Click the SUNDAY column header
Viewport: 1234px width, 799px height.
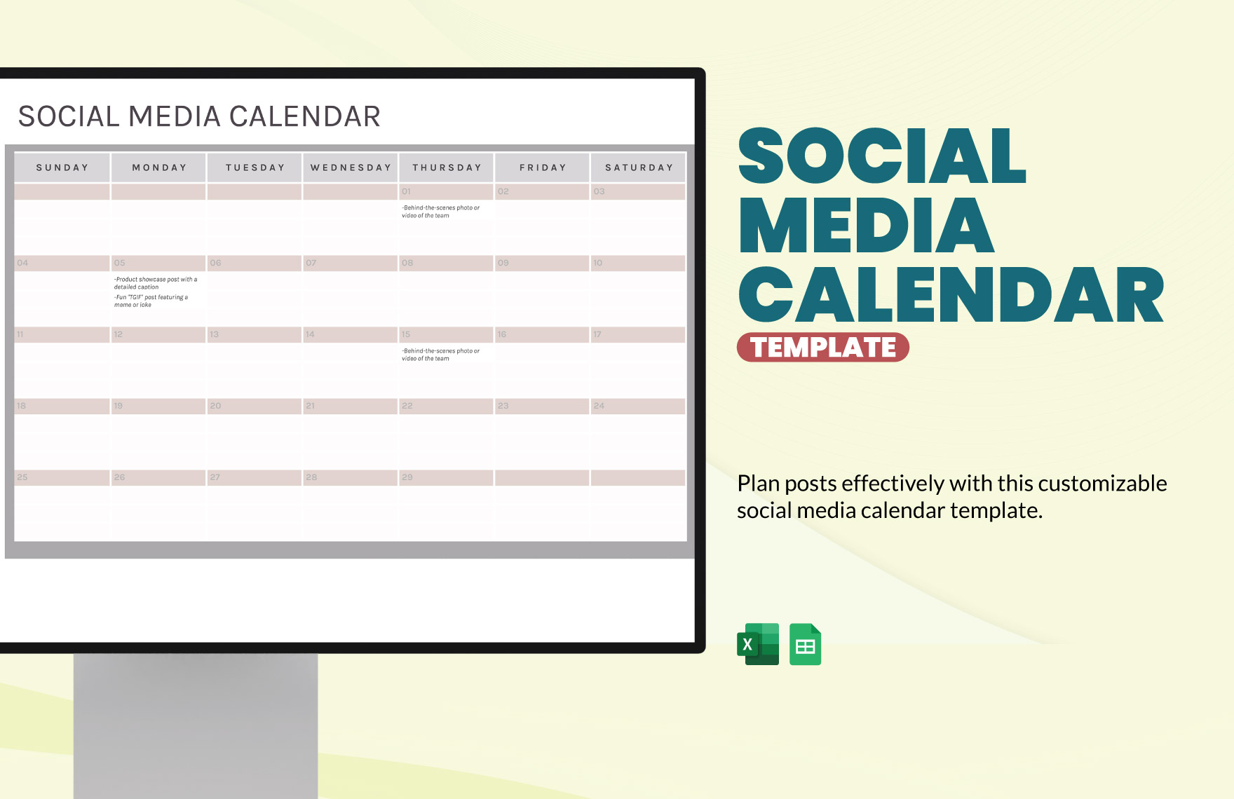coord(62,168)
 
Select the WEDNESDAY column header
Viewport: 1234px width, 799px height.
coord(351,168)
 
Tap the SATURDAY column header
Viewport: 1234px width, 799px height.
coord(639,168)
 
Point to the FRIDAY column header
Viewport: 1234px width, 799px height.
coord(543,168)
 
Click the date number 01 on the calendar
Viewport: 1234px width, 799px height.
coord(406,191)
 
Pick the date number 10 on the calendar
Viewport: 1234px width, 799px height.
coord(597,263)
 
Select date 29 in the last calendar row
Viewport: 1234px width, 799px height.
coord(407,477)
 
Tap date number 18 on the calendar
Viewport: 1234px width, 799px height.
coord(22,406)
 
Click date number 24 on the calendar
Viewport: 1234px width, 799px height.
coord(599,406)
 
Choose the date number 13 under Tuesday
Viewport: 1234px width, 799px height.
coord(214,334)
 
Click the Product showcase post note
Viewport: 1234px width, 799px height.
coord(156,283)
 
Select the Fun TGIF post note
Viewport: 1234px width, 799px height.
coord(151,301)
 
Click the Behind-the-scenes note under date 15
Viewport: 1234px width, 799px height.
coord(440,355)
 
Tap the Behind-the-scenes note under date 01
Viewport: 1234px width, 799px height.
coord(440,212)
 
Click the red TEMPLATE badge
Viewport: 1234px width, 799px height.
coord(822,348)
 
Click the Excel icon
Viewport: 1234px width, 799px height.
coord(758,644)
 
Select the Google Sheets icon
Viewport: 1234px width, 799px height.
coord(805,644)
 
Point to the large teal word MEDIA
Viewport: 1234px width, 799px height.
coord(866,226)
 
